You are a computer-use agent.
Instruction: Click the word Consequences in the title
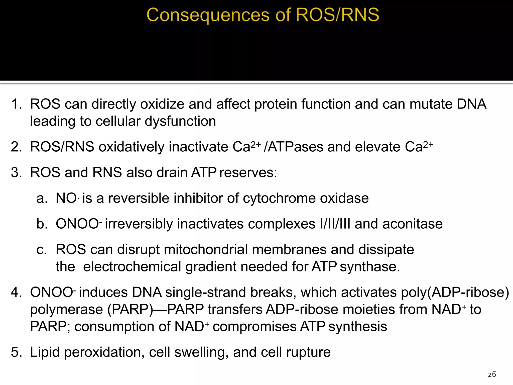pyautogui.click(x=208, y=15)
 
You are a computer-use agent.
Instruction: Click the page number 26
pyautogui.click(x=492, y=374)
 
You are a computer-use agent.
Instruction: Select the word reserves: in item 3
pyautogui.click(x=248, y=173)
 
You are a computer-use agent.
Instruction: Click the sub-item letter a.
pyautogui.click(x=42, y=198)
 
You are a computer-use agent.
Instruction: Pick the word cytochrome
pyautogui.click(x=279, y=198)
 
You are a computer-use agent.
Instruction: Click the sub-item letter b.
pyautogui.click(x=42, y=224)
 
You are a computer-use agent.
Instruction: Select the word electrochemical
pyautogui.click(x=132, y=267)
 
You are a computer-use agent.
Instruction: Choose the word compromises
pyautogui.click(x=254, y=327)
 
